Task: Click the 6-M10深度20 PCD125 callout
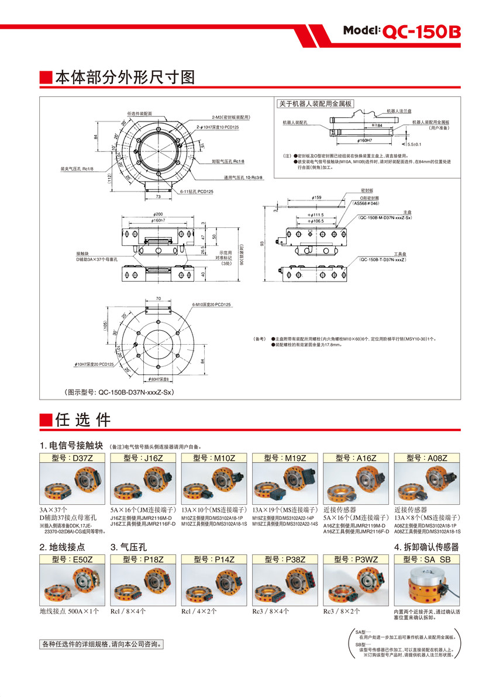click(x=212, y=305)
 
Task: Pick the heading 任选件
click(x=82, y=419)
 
